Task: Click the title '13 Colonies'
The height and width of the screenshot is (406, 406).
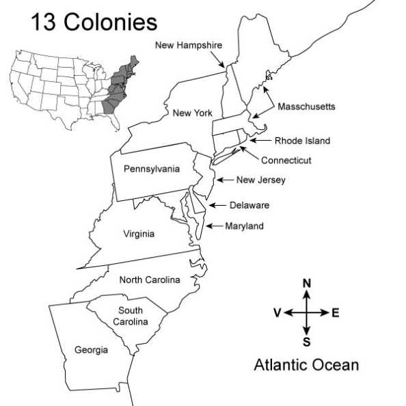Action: [x=93, y=22]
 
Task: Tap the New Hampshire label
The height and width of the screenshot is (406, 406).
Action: [x=188, y=46]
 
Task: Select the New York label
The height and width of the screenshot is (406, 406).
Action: [x=192, y=113]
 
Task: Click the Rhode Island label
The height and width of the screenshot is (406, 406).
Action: [x=302, y=141]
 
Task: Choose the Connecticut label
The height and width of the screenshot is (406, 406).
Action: [x=286, y=161]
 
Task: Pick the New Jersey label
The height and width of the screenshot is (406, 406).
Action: [x=260, y=180]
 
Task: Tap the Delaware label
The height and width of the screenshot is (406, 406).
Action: [x=249, y=205]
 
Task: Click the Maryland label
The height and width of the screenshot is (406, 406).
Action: [x=244, y=226]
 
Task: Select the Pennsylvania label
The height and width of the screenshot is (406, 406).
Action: [x=152, y=168]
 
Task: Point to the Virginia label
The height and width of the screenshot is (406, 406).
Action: [x=139, y=234]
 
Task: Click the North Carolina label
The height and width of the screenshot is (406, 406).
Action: [x=150, y=280]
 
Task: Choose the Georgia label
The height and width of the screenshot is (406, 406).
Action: [x=92, y=350]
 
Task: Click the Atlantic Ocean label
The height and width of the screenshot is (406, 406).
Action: [x=306, y=365]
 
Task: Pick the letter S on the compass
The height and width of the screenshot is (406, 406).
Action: [x=307, y=342]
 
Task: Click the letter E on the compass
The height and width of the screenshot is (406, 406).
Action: [x=335, y=313]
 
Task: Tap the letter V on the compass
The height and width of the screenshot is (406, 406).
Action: [x=278, y=313]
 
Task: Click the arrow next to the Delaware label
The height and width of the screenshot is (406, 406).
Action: [x=217, y=205]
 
